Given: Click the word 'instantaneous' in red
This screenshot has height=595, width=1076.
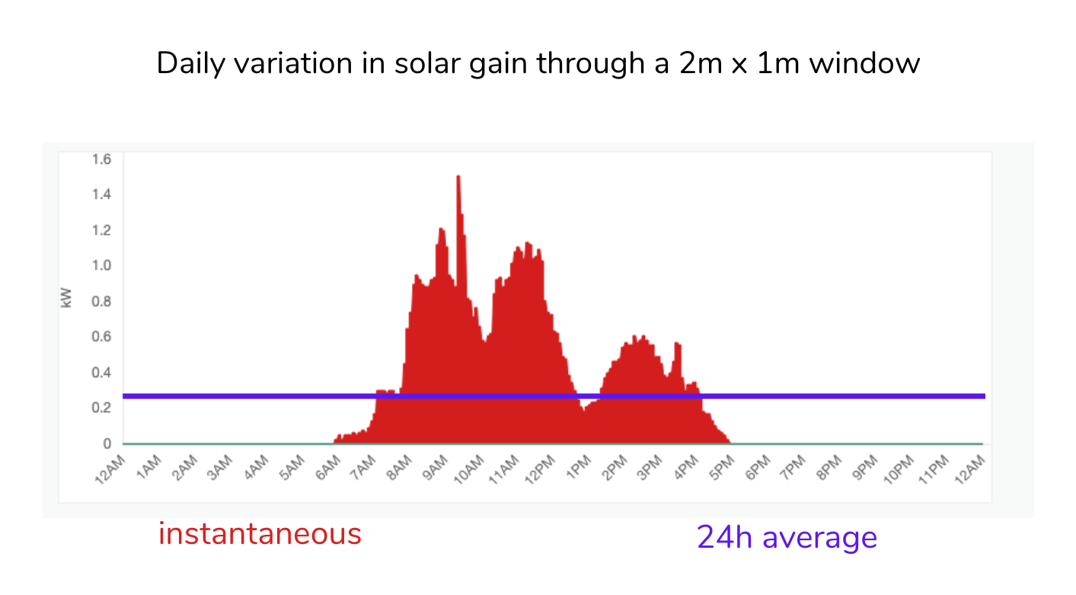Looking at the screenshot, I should tap(260, 534).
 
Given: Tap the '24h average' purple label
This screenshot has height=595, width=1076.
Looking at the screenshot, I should tap(787, 538).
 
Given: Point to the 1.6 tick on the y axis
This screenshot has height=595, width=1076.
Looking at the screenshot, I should tap(101, 159).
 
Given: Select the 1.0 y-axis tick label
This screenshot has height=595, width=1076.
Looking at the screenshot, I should tap(101, 266).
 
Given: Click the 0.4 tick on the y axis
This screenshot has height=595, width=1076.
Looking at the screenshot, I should tap(101, 373).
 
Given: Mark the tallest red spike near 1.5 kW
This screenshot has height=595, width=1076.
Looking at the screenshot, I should tap(458, 178).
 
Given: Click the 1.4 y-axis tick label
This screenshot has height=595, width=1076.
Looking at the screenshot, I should tap(101, 194).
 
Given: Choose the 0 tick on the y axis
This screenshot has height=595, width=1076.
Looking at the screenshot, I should tap(107, 443).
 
